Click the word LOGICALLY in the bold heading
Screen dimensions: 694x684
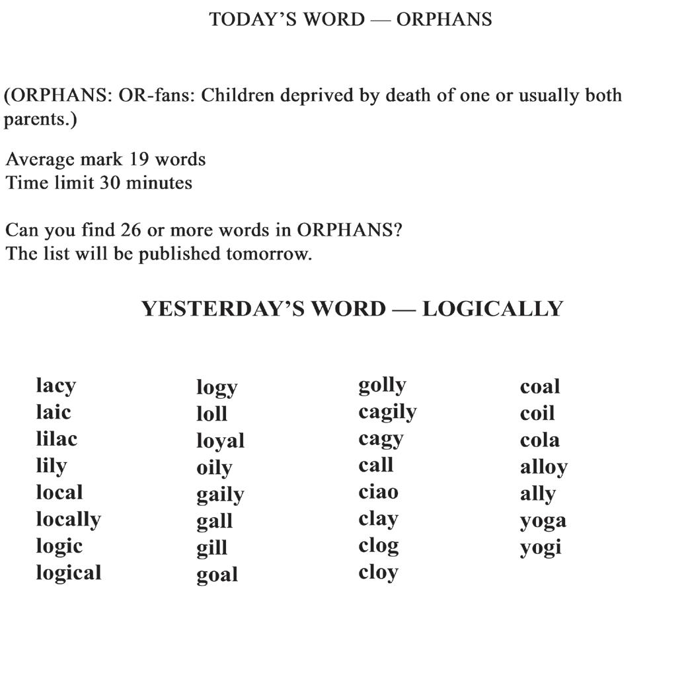point(492,309)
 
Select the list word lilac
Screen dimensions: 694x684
point(56,438)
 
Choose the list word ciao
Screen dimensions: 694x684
point(378,492)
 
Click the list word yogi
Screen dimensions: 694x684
point(540,547)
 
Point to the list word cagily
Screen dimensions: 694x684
point(387,413)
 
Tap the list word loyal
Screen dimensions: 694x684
point(220,441)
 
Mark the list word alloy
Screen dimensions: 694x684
point(543,468)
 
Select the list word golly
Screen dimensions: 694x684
point(382,385)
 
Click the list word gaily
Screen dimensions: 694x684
point(220,495)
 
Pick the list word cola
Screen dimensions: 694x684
point(539,440)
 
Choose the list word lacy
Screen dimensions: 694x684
point(56,386)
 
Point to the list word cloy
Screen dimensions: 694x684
point(378,573)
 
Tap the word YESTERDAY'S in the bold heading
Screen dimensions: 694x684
point(263,309)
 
